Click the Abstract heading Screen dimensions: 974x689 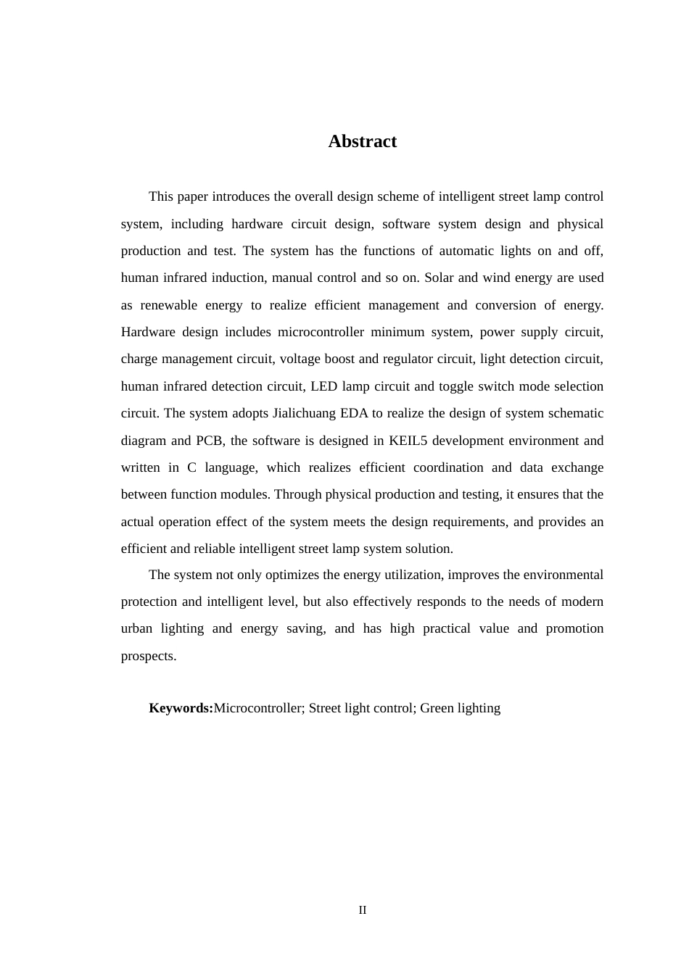[362, 141]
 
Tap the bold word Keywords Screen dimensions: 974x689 [181, 708]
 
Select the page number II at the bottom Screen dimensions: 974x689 [363, 910]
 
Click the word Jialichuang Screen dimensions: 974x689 [304, 413]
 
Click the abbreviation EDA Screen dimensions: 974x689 [354, 413]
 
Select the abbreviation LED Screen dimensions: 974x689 [323, 386]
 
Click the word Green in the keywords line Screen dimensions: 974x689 [437, 708]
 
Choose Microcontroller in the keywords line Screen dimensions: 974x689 [257, 708]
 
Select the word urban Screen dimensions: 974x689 [136, 628]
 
